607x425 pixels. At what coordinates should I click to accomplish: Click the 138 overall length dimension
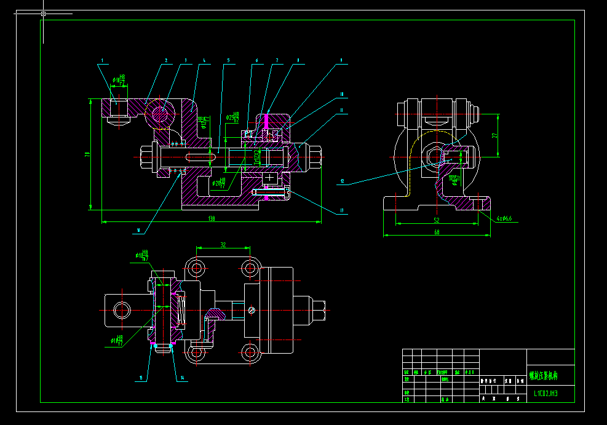click(x=211, y=218)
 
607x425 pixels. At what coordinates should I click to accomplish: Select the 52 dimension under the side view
click(x=437, y=220)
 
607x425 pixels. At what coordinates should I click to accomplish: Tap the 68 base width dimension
click(x=437, y=232)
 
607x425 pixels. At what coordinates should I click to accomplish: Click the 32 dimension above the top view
click(x=223, y=245)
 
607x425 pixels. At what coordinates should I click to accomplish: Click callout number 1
click(x=102, y=61)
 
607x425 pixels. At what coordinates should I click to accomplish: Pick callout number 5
click(x=228, y=61)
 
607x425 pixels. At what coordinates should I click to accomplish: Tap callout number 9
click(x=340, y=61)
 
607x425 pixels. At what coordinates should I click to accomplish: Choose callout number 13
click(x=341, y=211)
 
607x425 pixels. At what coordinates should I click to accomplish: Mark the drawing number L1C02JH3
click(x=546, y=392)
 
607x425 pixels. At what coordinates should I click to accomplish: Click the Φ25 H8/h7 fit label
click(x=233, y=117)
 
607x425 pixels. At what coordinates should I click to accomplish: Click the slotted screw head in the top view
click(x=250, y=310)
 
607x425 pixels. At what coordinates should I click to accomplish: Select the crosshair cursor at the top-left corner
click(x=43, y=13)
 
